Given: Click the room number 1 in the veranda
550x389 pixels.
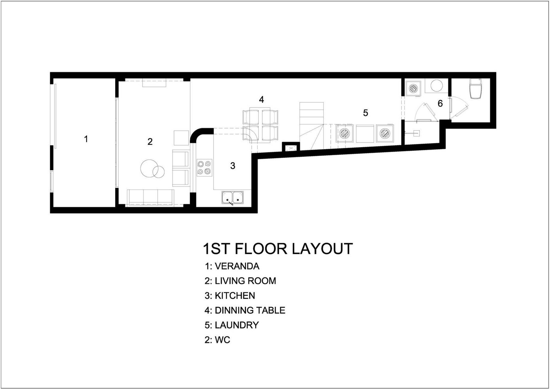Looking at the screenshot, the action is click(x=86, y=139).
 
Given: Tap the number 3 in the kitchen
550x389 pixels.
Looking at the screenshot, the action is click(x=233, y=166).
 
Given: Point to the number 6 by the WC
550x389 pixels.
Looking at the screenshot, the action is click(x=440, y=103).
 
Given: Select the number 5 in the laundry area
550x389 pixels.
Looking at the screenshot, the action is click(x=365, y=113).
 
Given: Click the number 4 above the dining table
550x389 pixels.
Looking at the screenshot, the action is click(x=262, y=99).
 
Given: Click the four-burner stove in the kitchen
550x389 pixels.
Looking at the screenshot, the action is click(x=204, y=167).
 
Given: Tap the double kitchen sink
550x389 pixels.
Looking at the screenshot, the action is click(x=233, y=197).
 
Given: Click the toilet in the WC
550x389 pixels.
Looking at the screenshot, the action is click(x=476, y=88).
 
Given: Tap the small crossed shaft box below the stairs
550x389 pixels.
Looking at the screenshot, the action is click(x=291, y=148).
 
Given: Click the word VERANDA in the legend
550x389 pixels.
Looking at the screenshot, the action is click(x=237, y=266).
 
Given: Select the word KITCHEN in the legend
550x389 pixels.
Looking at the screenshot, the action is click(x=235, y=296).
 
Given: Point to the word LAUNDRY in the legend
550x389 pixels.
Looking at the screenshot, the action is click(x=237, y=325).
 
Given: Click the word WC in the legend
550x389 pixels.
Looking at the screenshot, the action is click(x=222, y=340).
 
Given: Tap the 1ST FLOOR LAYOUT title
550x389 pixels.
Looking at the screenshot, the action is click(x=278, y=249).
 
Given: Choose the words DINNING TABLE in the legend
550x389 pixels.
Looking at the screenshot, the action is click(x=250, y=310).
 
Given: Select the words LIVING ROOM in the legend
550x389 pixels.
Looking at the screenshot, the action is click(x=246, y=281).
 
